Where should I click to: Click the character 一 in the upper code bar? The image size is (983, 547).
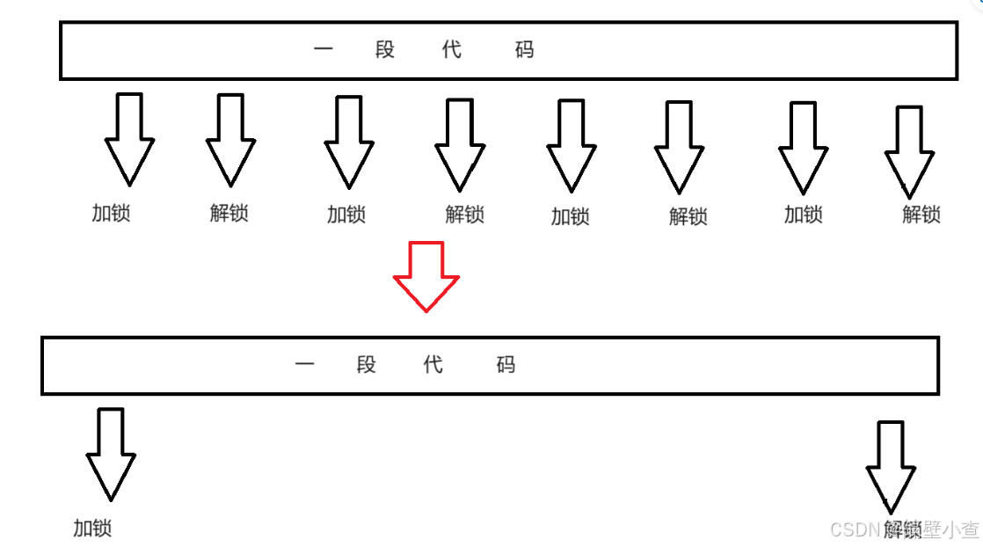[324, 49]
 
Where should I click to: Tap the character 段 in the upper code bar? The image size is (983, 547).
[385, 49]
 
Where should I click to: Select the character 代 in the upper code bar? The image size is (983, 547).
[452, 49]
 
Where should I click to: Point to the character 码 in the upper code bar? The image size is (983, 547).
[525, 49]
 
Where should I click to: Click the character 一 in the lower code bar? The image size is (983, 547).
[305, 365]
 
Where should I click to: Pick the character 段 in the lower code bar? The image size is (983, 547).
[367, 365]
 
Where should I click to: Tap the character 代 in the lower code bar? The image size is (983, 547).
[433, 365]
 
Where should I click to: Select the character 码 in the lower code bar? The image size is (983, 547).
[506, 365]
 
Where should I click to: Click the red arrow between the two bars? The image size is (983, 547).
[426, 275]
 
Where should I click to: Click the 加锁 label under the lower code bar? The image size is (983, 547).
[92, 528]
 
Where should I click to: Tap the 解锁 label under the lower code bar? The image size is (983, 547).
[903, 529]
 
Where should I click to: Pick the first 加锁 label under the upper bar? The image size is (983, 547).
[111, 213]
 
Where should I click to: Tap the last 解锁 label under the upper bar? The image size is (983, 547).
[921, 214]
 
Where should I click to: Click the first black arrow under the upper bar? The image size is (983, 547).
[129, 138]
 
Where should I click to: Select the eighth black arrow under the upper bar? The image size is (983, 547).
[908, 150]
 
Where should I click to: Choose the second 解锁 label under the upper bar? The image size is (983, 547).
[465, 214]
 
